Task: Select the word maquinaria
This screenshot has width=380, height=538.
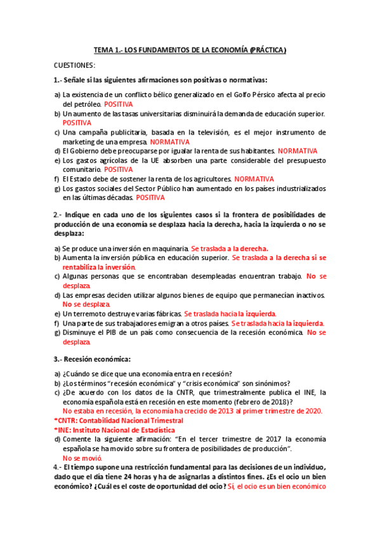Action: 170,249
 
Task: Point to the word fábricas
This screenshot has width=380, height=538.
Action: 167,313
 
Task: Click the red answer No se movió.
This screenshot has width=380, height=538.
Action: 82,458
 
